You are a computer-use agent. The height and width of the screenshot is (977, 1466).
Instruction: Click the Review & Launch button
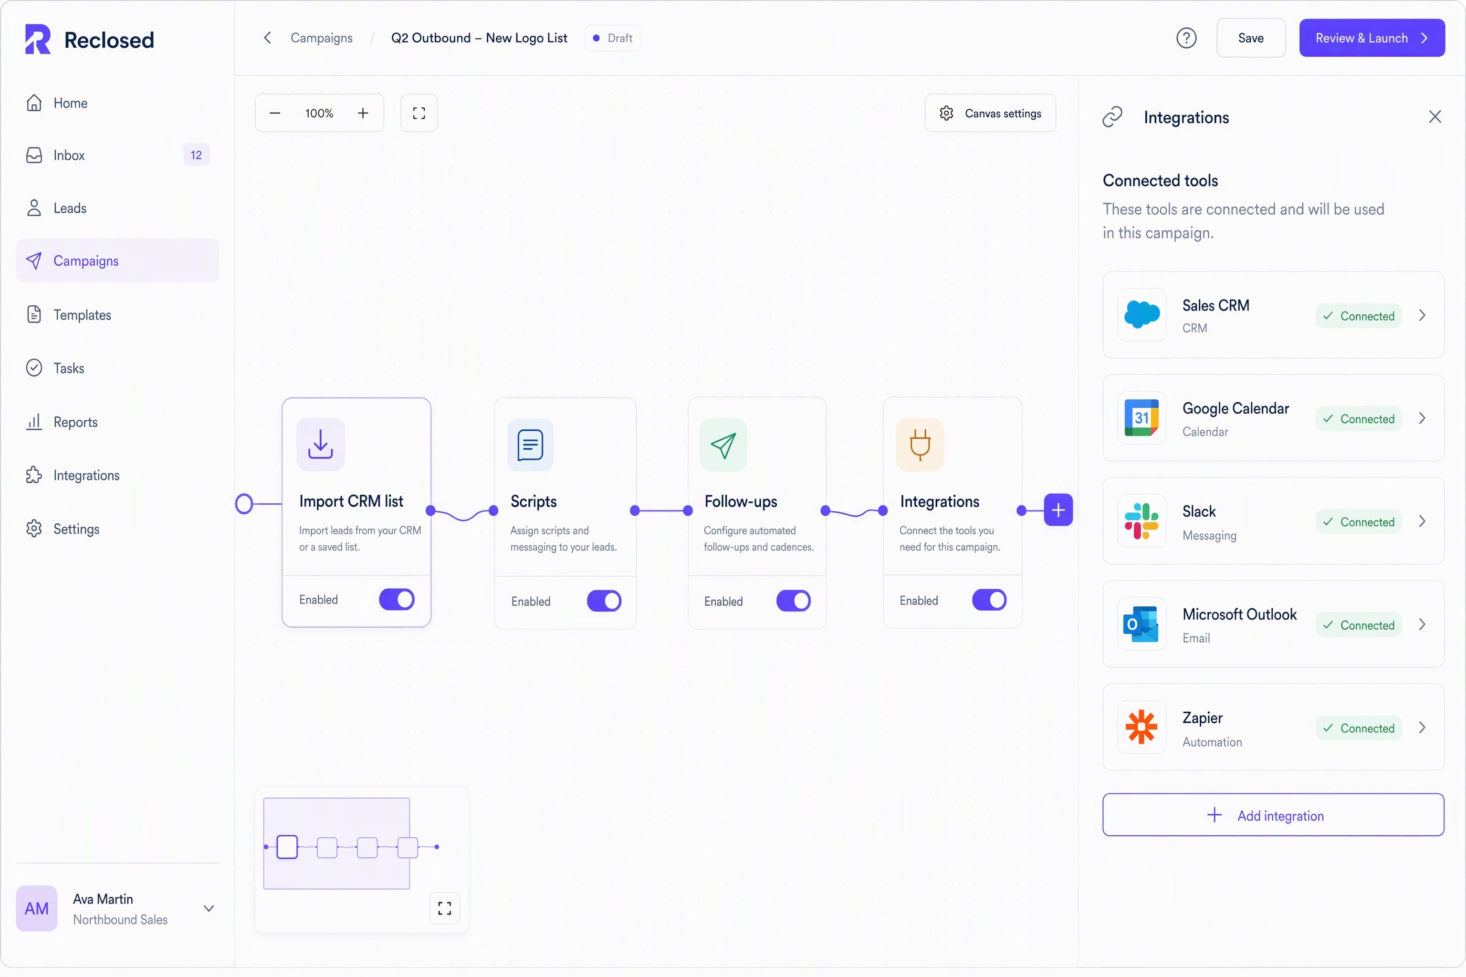[x=1371, y=38]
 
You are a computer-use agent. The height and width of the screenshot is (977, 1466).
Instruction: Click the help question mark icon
[x=1186, y=38]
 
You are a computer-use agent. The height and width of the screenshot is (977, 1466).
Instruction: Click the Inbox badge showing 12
[x=196, y=155]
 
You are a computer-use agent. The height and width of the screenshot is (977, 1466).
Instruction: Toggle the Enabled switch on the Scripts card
[x=604, y=601]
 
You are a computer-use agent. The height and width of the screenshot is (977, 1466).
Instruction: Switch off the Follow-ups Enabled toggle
[x=794, y=601]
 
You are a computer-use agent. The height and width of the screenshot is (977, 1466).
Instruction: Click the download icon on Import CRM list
[x=320, y=444]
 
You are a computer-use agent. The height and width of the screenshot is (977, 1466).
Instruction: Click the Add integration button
[x=1273, y=815]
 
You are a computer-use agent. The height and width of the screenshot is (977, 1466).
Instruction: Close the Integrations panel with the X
[x=1435, y=117]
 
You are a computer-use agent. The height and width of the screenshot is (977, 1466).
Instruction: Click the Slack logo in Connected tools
[x=1141, y=521]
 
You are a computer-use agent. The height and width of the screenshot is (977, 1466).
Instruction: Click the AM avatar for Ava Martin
[x=37, y=908]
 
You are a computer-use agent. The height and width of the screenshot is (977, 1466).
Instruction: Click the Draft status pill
[x=613, y=38]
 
